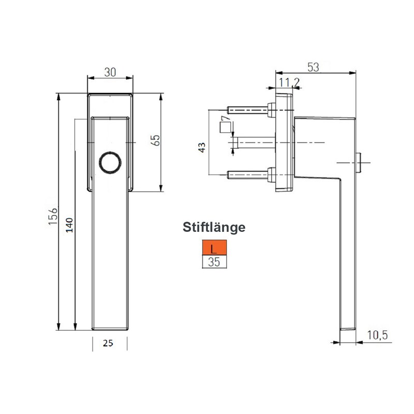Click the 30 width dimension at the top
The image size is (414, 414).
(x=110, y=72)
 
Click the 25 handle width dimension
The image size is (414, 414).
(x=108, y=343)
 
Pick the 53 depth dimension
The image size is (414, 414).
(x=313, y=67)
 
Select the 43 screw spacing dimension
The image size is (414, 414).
(x=202, y=147)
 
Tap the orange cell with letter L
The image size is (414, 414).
(x=214, y=249)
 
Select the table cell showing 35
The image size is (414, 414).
(x=214, y=262)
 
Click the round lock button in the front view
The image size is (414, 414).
(x=110, y=162)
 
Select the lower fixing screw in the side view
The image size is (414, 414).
(x=248, y=176)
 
